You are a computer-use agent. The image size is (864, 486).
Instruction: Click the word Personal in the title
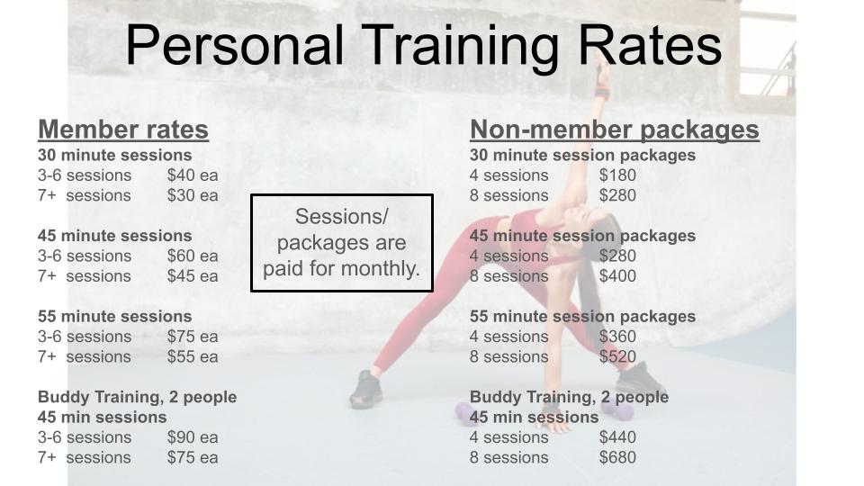[x=235, y=46]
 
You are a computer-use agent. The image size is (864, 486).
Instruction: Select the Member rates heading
[x=123, y=130]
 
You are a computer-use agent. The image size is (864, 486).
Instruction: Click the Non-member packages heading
[x=615, y=130]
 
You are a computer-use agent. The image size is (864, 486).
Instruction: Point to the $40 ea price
[x=193, y=175]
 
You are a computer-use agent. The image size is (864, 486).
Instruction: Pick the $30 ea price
[x=193, y=195]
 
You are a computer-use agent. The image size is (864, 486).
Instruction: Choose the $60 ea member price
[x=193, y=256]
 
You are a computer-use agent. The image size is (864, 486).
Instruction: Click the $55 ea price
[x=193, y=356]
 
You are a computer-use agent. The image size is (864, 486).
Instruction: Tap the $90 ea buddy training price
[x=193, y=437]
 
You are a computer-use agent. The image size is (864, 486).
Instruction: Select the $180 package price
[x=617, y=175]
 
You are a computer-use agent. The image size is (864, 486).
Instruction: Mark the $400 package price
[x=617, y=275]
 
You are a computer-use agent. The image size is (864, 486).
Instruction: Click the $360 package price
[x=617, y=336]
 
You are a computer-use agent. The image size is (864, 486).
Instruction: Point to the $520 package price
[x=617, y=356]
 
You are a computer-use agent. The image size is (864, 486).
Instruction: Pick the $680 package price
[x=617, y=457]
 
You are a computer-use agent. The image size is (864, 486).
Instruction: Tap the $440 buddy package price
[x=617, y=437]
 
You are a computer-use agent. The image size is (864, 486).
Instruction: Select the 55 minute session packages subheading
[x=582, y=316]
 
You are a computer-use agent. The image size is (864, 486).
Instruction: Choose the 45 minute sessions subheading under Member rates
[x=114, y=236]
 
